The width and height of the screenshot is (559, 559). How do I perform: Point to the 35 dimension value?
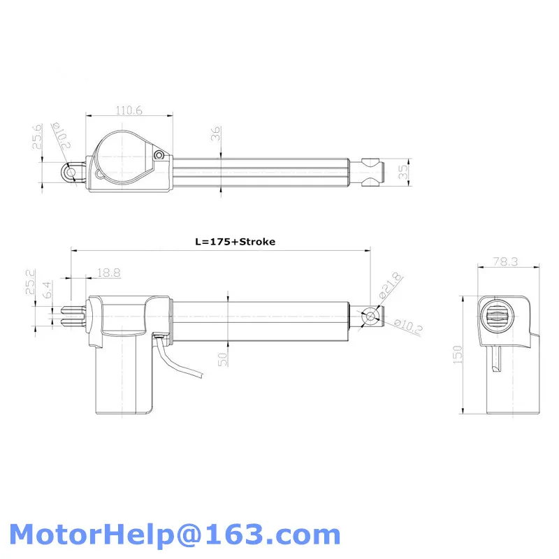tap(402, 172)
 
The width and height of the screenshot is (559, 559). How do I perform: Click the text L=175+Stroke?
tap(235, 242)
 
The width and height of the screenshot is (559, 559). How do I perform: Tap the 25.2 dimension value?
tap(31, 282)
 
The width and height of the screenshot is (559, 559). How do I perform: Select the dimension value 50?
tap(222, 358)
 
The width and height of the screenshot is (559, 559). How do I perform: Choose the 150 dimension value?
tap(457, 354)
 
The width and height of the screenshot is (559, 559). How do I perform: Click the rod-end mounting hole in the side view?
tap(370, 316)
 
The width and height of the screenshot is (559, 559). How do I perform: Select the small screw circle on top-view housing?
tap(160, 154)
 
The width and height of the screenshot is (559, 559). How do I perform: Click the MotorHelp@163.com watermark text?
tap(175, 535)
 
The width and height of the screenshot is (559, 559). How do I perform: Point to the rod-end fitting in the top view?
tap(375, 171)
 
